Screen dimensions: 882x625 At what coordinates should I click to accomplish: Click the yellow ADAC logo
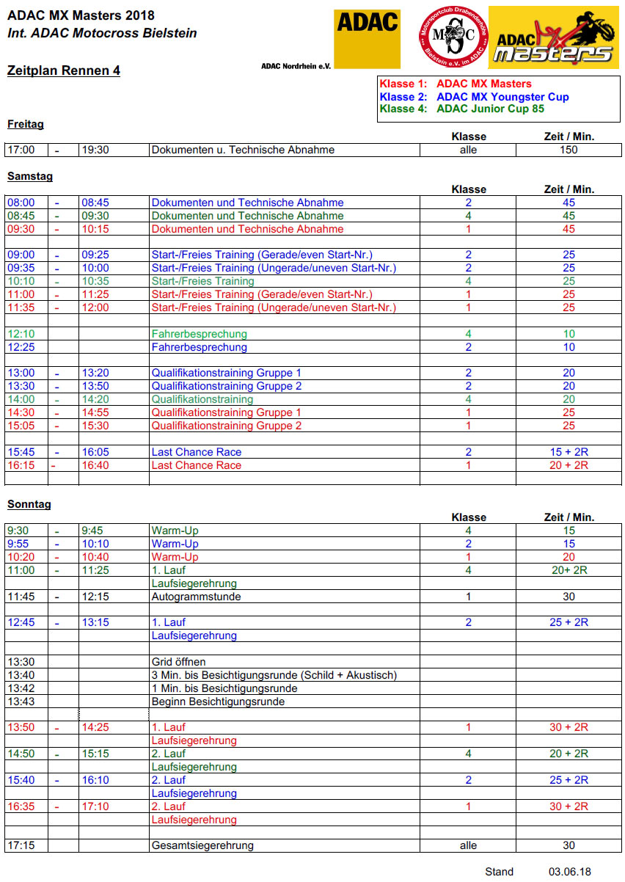coord(367,37)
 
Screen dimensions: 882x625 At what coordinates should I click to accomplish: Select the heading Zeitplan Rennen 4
coord(63,71)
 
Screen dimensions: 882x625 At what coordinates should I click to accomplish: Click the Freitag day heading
coord(25,124)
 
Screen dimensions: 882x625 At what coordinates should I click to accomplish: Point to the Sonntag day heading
coord(29,504)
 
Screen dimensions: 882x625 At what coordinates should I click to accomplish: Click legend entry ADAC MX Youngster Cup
coord(502,97)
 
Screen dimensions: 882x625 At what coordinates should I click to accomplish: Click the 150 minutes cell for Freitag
coord(569,150)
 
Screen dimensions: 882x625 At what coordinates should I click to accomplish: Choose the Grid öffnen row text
coord(178,662)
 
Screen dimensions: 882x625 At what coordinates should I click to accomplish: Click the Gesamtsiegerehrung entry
coord(202,845)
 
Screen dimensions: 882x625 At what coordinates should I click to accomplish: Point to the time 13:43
coord(20,701)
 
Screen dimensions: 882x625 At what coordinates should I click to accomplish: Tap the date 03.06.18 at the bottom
coord(569,872)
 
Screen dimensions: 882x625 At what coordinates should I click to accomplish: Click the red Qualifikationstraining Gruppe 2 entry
coord(226,426)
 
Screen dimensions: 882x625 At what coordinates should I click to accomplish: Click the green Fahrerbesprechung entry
coord(199,334)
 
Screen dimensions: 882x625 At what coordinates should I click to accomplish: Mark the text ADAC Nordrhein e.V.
coord(296,66)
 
